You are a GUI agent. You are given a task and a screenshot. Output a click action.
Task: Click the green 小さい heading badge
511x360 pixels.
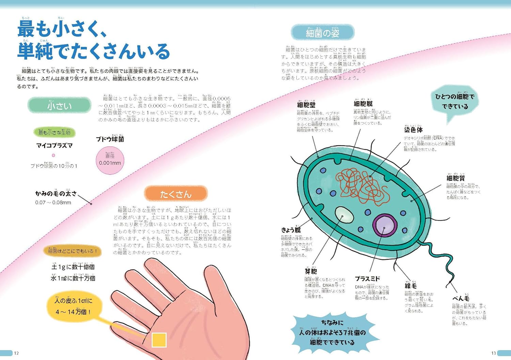60,106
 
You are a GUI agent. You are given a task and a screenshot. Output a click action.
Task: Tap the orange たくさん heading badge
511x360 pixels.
176,194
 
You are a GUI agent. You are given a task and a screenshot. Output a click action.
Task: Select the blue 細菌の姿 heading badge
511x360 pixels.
322,33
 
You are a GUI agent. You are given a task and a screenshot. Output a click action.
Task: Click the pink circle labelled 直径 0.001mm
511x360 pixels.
110,160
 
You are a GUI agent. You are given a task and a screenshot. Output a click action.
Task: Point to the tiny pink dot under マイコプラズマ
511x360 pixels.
53,155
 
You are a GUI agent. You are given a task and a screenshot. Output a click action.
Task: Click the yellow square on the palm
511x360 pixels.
159,340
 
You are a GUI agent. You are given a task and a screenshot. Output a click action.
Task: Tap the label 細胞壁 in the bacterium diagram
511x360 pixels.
306,105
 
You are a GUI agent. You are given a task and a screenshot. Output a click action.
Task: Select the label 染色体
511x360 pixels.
413,130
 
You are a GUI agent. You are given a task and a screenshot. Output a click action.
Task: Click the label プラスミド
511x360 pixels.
367,279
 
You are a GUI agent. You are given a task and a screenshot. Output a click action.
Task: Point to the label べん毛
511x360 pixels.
461,298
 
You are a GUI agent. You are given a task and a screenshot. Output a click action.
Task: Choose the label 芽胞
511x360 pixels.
311,271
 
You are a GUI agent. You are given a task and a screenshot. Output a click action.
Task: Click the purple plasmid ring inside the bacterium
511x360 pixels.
385,225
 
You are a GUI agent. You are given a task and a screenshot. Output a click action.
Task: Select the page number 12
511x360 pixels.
16,353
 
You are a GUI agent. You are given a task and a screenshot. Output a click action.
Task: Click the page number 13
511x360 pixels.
494,353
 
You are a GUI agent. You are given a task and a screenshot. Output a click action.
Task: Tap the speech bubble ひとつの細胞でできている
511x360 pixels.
455,102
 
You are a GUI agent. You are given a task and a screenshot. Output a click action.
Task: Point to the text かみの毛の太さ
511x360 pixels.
56,193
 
